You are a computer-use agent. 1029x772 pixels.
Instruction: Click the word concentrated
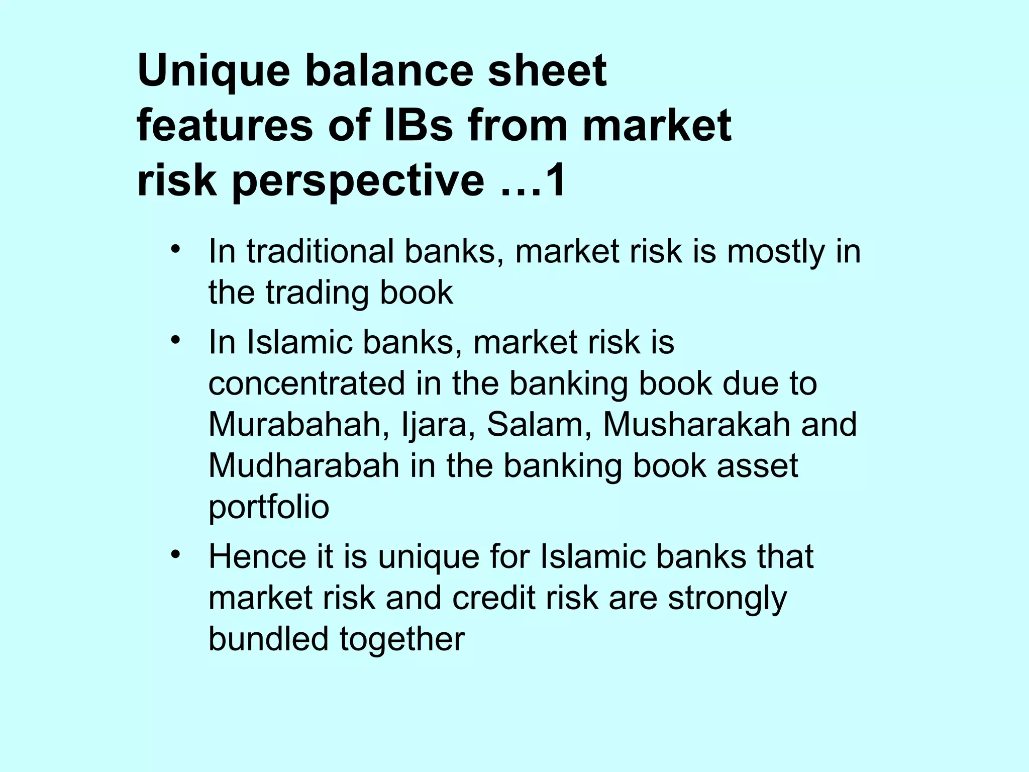pos(306,384)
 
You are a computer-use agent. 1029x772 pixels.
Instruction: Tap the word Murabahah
pos(294,425)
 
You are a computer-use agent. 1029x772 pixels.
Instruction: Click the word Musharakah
pos(696,425)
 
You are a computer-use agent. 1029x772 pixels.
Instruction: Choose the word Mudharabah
pos(303,466)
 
